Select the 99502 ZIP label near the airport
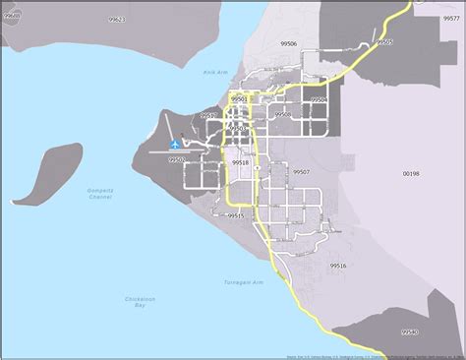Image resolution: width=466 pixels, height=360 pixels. [176, 159]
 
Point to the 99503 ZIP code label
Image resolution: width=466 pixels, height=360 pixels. [237, 128]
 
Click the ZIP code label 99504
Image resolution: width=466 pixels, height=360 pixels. [318, 99]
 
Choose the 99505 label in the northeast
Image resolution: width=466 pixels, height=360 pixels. [384, 42]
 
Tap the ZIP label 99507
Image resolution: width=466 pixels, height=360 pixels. [301, 171]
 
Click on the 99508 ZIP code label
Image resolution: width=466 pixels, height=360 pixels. [283, 115]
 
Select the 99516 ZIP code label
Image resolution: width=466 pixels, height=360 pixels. [337, 266]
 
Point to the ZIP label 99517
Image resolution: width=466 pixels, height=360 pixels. [208, 116]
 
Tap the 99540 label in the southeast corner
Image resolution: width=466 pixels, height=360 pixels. [410, 332]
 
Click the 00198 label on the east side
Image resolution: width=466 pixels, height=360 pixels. [411, 173]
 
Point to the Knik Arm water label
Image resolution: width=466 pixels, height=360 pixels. [214, 72]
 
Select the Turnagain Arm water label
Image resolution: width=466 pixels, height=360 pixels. [243, 282]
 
